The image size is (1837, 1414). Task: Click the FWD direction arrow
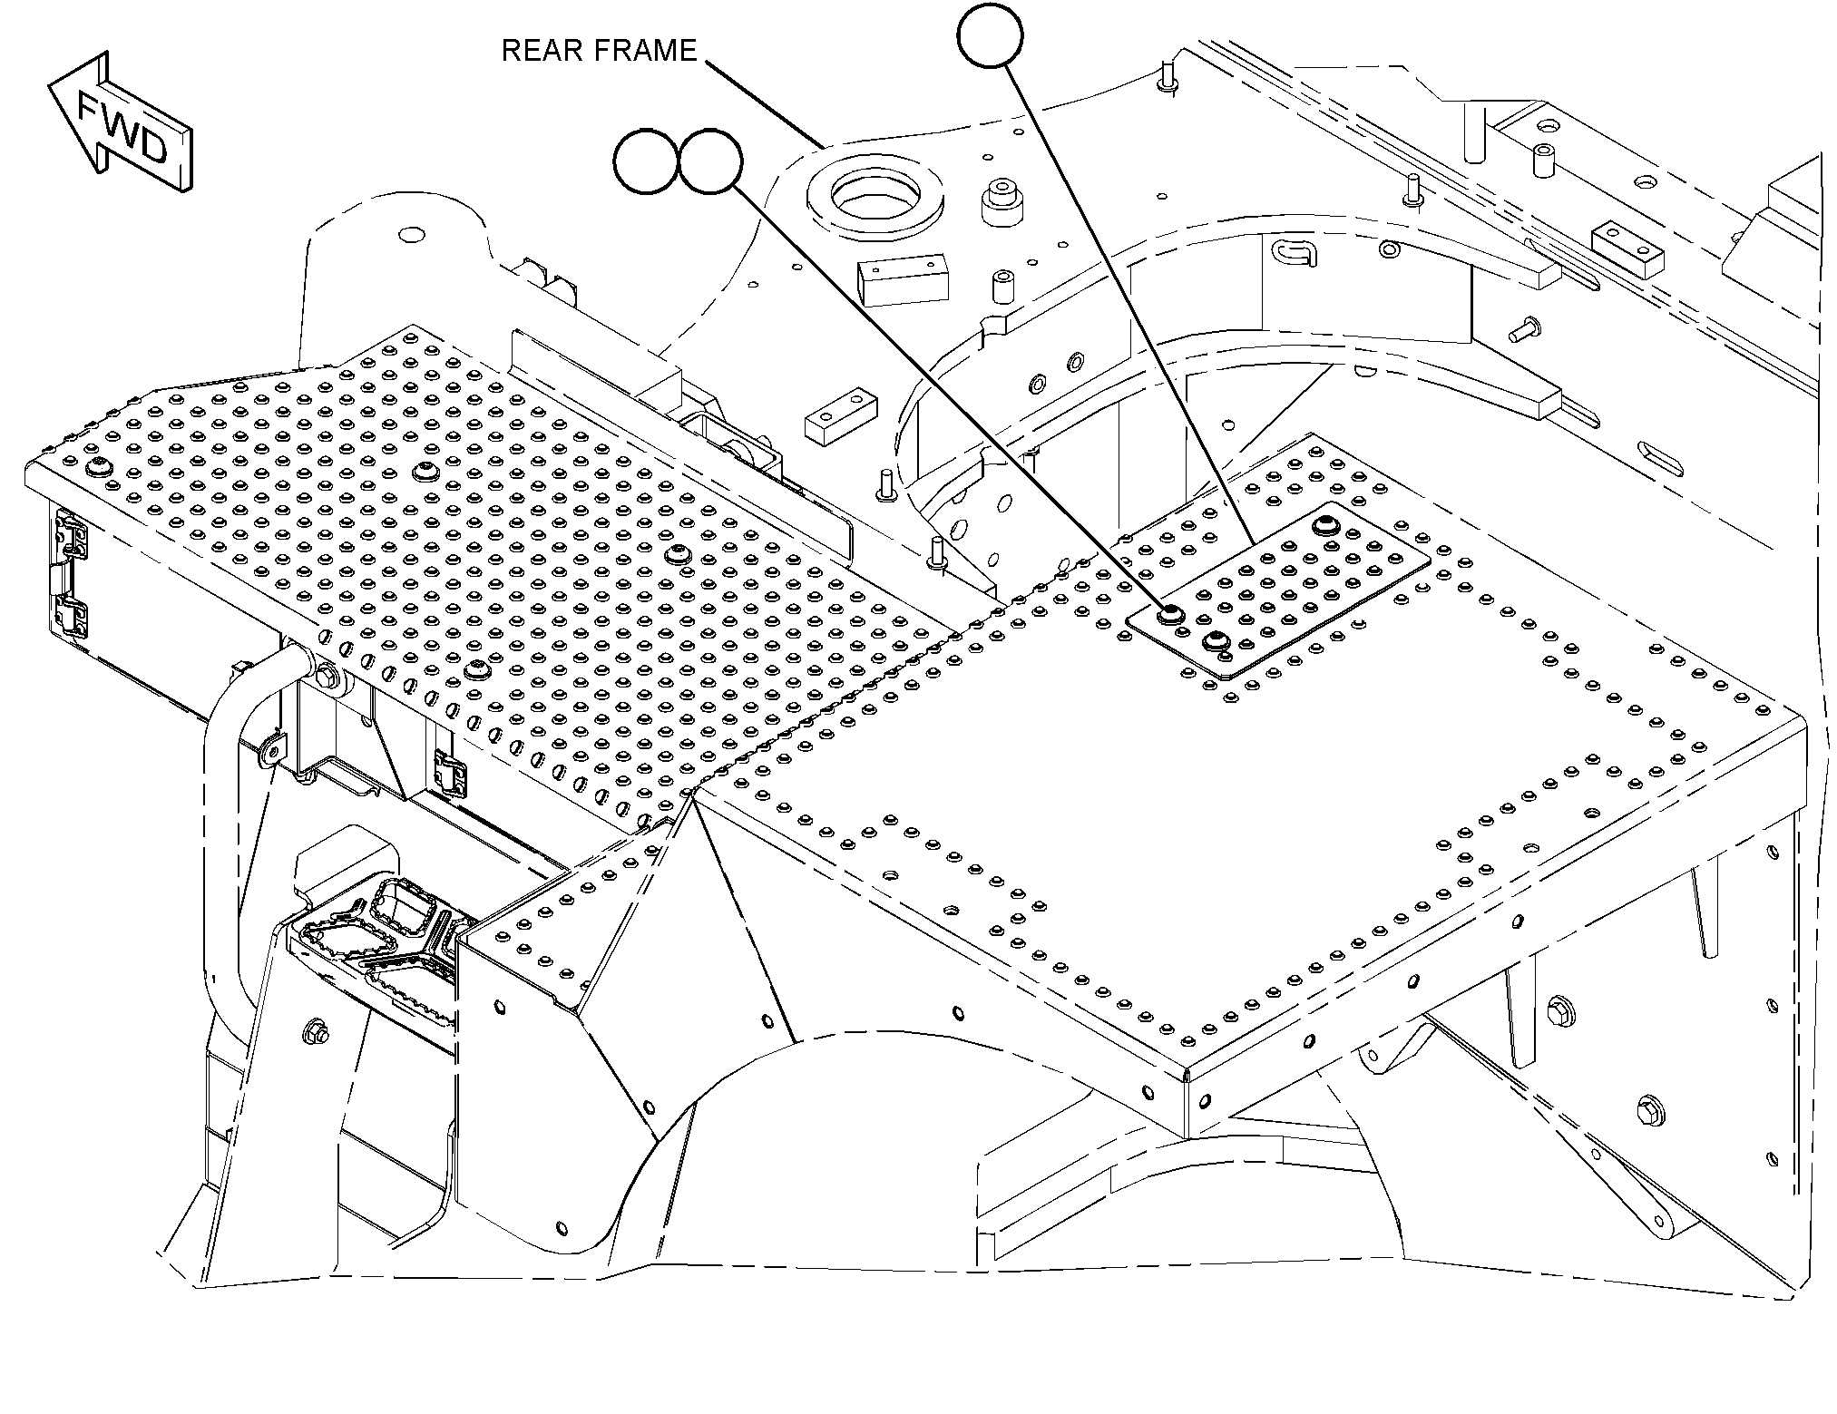[x=120, y=123]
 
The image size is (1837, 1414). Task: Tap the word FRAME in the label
[x=648, y=51]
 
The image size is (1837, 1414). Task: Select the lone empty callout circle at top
[x=990, y=34]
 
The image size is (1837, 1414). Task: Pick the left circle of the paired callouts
[x=647, y=161]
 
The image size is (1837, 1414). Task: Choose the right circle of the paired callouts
[x=710, y=161]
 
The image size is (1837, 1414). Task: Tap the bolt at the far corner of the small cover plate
[x=1326, y=526]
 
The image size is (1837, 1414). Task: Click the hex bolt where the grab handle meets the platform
[x=325, y=676]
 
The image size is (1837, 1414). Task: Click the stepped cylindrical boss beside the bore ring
[x=1002, y=202]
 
